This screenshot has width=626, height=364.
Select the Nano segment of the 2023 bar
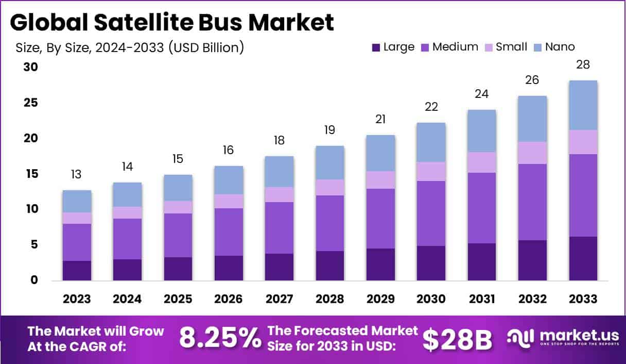pos(77,201)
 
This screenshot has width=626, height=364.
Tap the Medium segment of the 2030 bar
pos(431,213)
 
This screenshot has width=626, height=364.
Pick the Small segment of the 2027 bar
pos(280,194)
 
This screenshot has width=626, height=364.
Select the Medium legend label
pos(455,47)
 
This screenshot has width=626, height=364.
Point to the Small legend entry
pos(511,47)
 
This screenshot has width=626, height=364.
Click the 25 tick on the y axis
pos(31,103)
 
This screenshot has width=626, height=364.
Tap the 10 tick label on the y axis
pos(31,209)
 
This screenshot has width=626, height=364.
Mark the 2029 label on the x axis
pos(380,299)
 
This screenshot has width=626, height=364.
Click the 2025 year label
pos(178,299)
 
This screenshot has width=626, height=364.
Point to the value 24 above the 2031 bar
pos(482,94)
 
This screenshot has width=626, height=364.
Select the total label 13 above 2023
pos(77,174)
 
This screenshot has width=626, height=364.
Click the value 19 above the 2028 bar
pos(330,130)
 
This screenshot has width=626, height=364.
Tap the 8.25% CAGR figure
pos(220,339)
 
